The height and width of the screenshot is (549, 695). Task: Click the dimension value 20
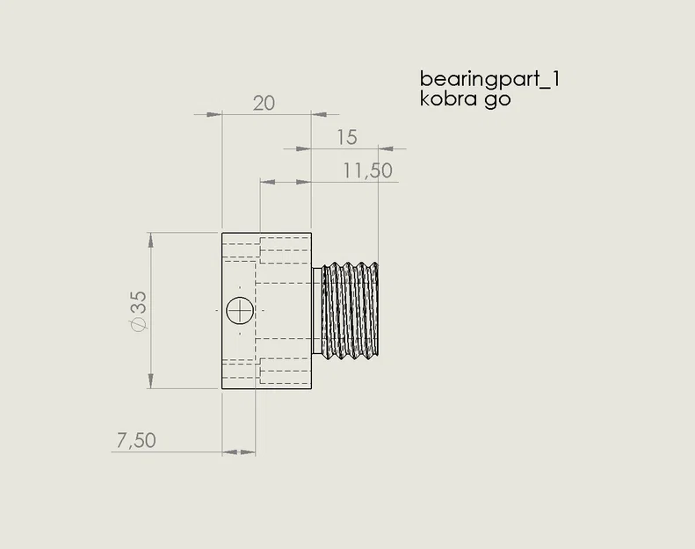264,103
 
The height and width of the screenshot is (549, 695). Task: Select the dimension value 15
346,137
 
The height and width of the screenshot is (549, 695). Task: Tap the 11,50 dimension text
367,170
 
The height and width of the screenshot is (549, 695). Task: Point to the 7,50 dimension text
135,440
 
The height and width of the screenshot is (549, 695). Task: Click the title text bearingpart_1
490,79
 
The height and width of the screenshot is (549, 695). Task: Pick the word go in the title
497,100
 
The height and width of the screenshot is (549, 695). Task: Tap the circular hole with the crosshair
239,310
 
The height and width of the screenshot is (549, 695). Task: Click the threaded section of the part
350,310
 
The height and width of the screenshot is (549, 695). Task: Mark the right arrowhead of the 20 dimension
320,114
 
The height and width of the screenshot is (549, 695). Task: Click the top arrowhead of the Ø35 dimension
152,239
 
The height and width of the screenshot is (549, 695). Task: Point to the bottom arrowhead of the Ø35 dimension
152,381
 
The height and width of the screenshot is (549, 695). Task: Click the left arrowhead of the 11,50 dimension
266,182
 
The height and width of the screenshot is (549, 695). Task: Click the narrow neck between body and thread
317,310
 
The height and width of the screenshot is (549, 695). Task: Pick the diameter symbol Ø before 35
138,325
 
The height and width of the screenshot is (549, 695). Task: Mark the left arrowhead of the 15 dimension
304,148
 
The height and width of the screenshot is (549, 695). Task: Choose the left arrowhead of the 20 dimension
214,114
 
